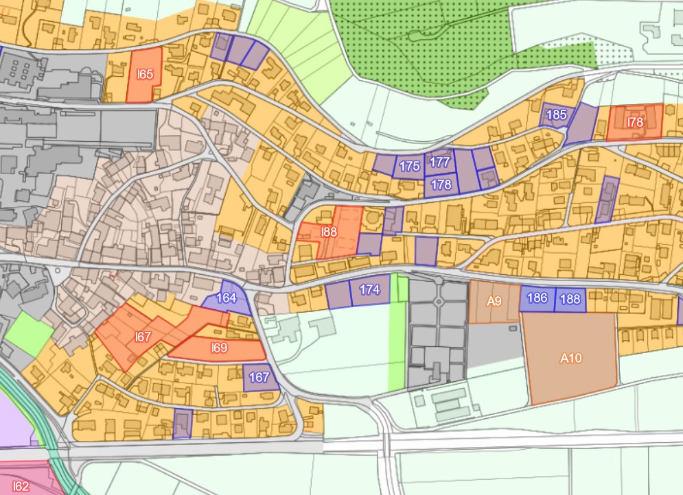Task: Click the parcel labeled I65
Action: point(144,74)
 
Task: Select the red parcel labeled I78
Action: point(635,122)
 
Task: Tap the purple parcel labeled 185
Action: point(556,114)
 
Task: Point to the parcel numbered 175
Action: point(409,167)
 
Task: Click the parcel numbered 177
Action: point(439,162)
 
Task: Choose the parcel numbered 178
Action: point(441,184)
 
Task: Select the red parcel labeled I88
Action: point(329,232)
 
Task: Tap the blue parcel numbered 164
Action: point(227,298)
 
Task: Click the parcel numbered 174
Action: point(369,290)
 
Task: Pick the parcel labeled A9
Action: point(494,302)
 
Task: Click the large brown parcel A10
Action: point(570,358)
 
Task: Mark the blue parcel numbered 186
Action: point(537,298)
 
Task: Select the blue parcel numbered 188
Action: point(570,299)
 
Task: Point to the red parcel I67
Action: point(143,336)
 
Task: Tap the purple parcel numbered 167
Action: point(260,377)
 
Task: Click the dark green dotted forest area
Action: point(439,41)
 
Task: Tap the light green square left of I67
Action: point(30,334)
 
